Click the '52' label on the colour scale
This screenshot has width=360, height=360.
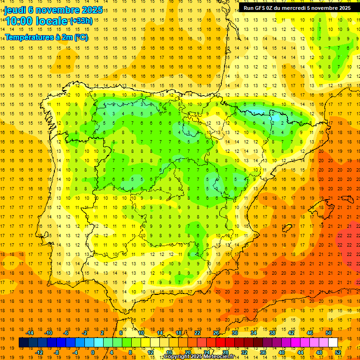tap(338, 352)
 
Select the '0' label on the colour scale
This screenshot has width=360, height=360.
tap(93, 352)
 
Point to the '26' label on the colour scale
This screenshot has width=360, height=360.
tap(216, 333)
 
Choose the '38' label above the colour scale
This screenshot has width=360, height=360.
tap(272, 333)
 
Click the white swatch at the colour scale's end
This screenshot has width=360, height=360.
tap(333, 343)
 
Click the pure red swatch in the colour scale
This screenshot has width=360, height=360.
tap(220, 343)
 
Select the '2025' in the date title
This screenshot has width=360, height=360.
tap(82, 10)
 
